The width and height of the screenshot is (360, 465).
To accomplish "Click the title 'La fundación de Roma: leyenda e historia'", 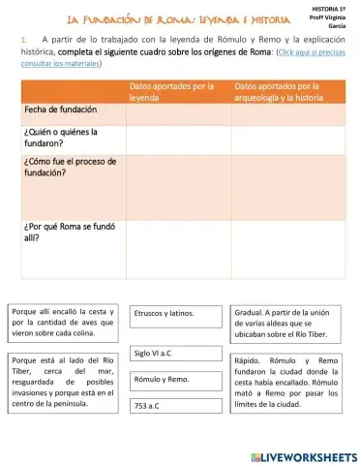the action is click(172, 18).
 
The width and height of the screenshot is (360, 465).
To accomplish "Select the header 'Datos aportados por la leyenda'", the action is click(176, 92).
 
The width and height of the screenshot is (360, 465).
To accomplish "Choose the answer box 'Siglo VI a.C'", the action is click(176, 354).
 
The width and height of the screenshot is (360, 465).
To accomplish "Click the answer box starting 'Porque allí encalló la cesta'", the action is click(64, 323).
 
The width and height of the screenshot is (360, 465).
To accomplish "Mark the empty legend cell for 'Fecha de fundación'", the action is click(177, 110).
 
